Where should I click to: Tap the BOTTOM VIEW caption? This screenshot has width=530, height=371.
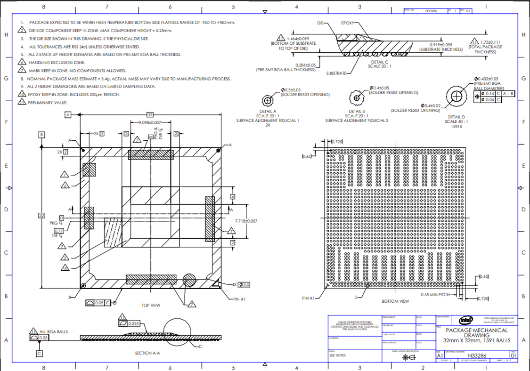395,300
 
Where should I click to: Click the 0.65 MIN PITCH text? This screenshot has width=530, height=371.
433,294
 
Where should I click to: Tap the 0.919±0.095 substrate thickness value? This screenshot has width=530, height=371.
439,44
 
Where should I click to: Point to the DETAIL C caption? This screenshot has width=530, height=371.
380,62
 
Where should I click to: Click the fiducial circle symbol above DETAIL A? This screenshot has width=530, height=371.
268,100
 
